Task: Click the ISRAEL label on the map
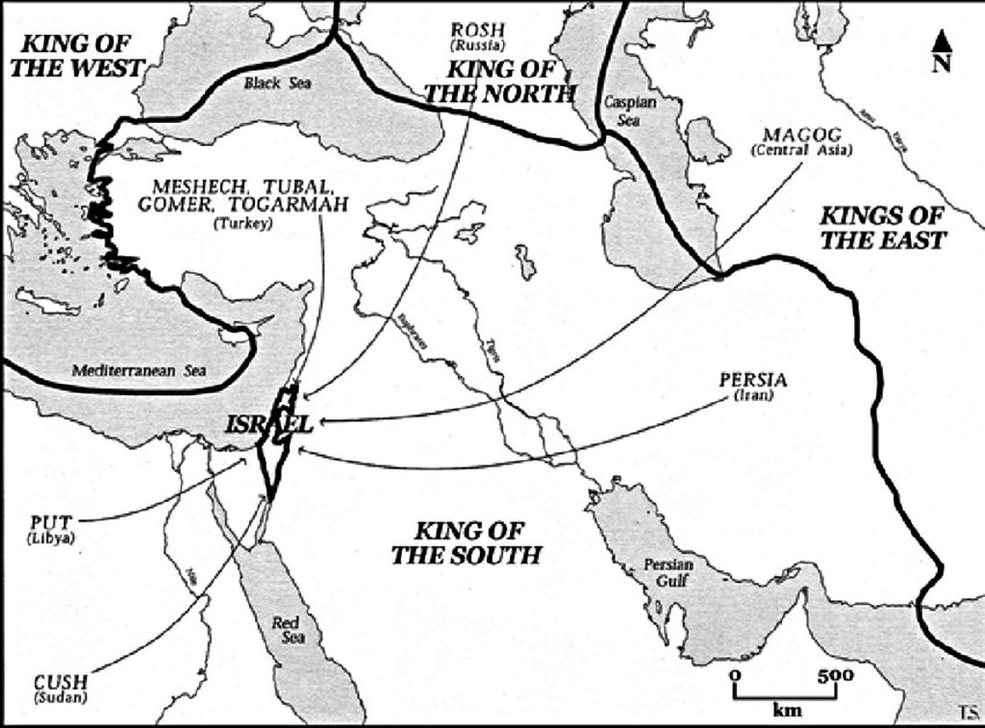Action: pyautogui.click(x=270, y=424)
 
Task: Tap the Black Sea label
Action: pyautogui.click(x=275, y=84)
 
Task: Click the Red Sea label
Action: pyautogui.click(x=286, y=631)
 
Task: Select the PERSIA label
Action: pyautogui.click(x=752, y=380)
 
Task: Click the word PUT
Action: pyautogui.click(x=52, y=522)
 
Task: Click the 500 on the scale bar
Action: pyautogui.click(x=836, y=676)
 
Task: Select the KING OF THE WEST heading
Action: pyautogui.click(x=81, y=56)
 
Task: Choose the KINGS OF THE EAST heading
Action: pyautogui.click(x=881, y=228)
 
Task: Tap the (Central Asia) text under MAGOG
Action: pyautogui.click(x=799, y=150)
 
